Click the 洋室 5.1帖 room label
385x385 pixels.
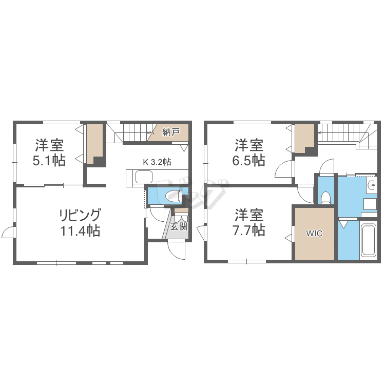(x=49, y=152)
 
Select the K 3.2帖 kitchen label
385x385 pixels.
(x=157, y=162)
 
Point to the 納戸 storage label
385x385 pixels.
(x=170, y=132)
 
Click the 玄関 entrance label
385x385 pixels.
(x=179, y=226)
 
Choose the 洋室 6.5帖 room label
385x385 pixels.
(x=250, y=152)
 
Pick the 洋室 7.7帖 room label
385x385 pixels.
(x=250, y=222)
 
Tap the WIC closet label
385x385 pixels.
(x=314, y=234)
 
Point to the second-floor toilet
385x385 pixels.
(x=325, y=198)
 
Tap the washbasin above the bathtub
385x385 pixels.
(x=370, y=185)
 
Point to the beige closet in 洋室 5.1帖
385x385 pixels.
(x=93, y=144)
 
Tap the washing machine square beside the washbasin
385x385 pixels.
(x=370, y=204)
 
